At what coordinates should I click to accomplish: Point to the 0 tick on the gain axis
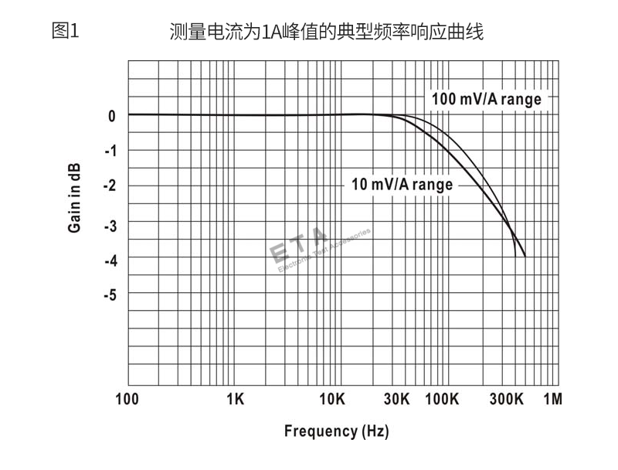(x=112, y=116)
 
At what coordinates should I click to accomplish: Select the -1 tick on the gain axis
(x=110, y=150)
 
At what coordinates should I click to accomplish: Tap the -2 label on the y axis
(x=110, y=186)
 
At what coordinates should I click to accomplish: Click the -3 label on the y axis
(x=110, y=224)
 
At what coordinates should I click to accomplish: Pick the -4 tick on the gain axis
(x=110, y=260)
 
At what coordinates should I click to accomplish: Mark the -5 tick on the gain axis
(x=110, y=295)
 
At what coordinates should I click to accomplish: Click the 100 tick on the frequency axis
(x=127, y=400)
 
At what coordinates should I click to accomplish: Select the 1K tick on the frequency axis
(x=236, y=400)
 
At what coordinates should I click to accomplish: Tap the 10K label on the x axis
(x=331, y=400)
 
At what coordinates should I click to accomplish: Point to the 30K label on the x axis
(x=396, y=400)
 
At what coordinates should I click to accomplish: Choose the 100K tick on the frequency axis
(x=443, y=400)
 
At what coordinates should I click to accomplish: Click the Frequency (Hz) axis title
(x=336, y=431)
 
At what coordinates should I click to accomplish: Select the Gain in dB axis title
(x=75, y=199)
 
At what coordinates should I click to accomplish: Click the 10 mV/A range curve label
(x=402, y=185)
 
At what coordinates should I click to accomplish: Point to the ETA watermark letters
(x=298, y=246)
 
